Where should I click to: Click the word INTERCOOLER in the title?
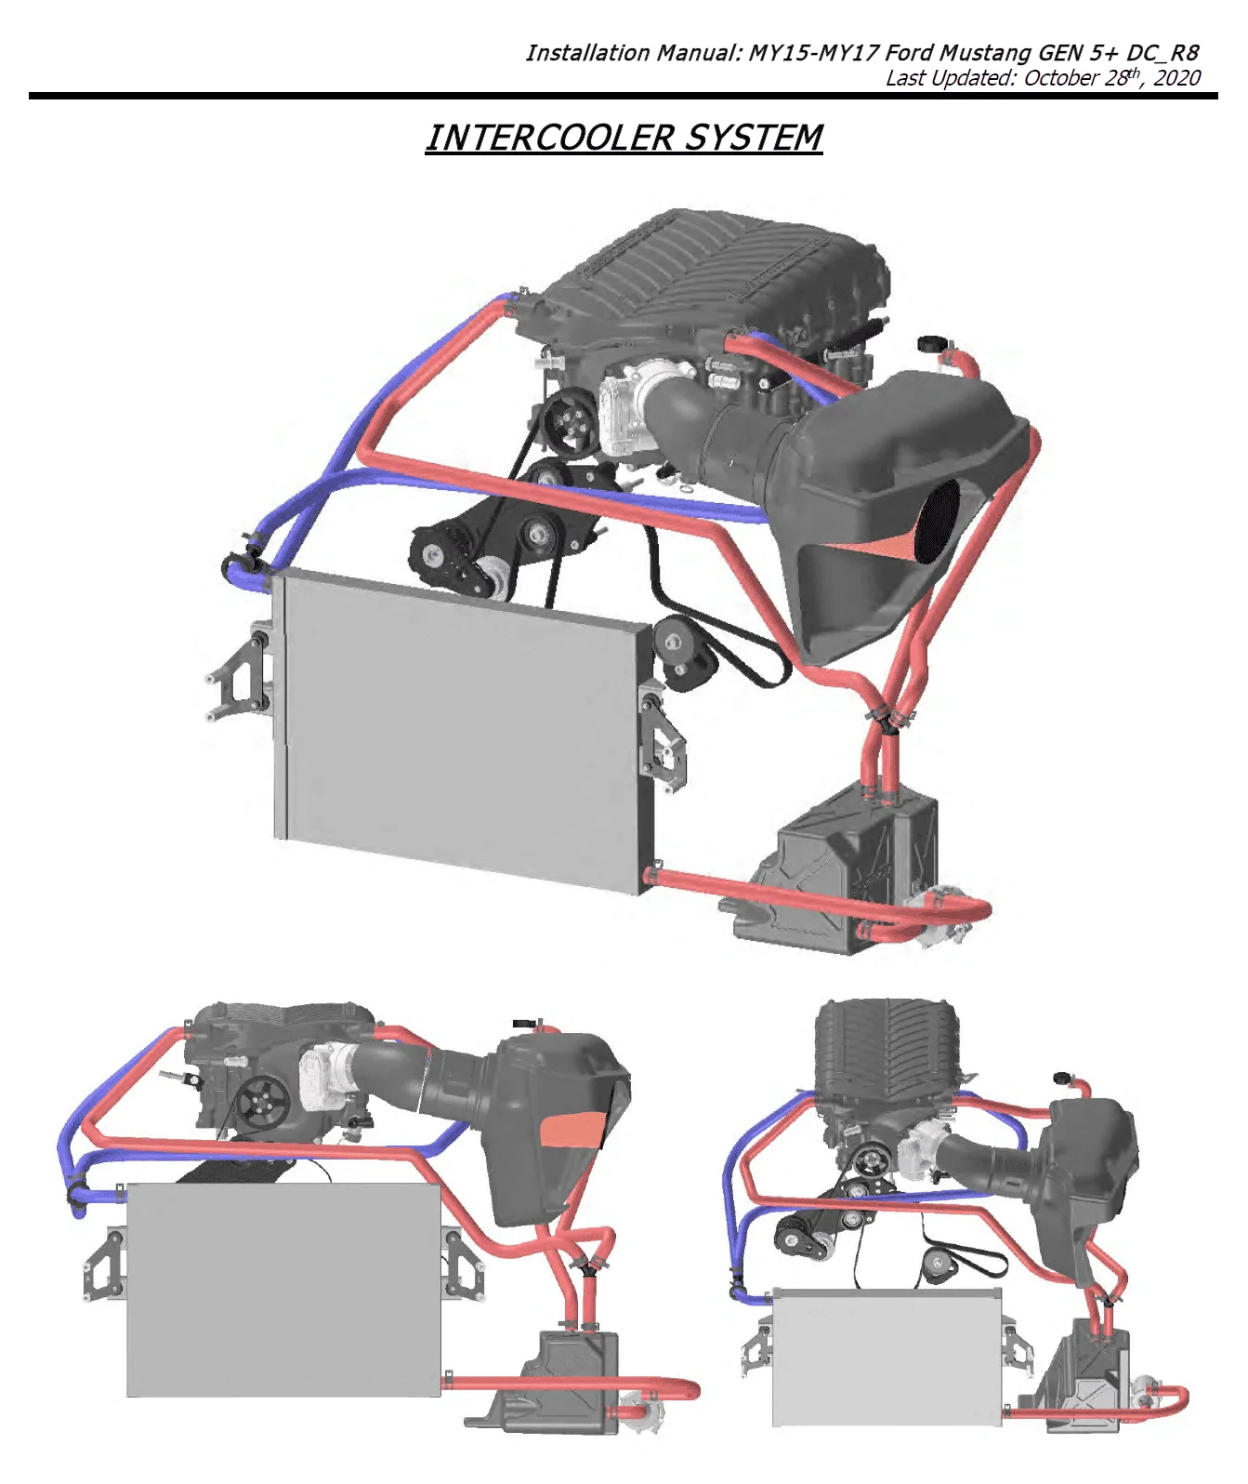pyautogui.click(x=548, y=138)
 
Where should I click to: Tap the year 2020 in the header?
pyautogui.click(x=1177, y=77)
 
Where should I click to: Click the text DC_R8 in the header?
pyautogui.click(x=1163, y=53)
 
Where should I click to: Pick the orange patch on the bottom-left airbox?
pyautogui.click(x=572, y=1129)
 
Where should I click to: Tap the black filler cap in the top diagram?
pyautogui.click(x=930, y=343)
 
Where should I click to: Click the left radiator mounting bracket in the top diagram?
pyautogui.click(x=238, y=671)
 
